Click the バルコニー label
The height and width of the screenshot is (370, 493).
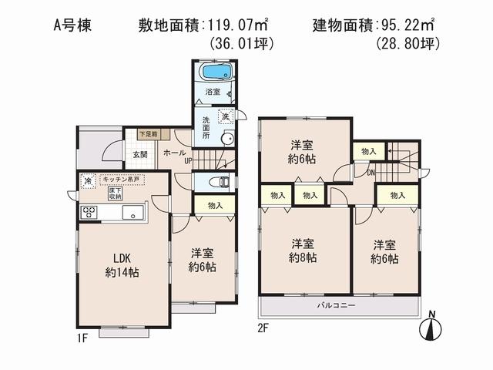pos(336,306)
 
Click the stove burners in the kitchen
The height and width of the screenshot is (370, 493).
pos(89,213)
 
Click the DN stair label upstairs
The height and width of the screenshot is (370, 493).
pos(371,172)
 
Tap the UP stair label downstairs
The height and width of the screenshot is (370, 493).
pos(187,162)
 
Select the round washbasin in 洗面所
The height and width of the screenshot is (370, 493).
pos(226,140)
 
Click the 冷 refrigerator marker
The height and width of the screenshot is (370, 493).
pos(88,182)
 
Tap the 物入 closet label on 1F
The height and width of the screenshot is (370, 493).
pos(215,205)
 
